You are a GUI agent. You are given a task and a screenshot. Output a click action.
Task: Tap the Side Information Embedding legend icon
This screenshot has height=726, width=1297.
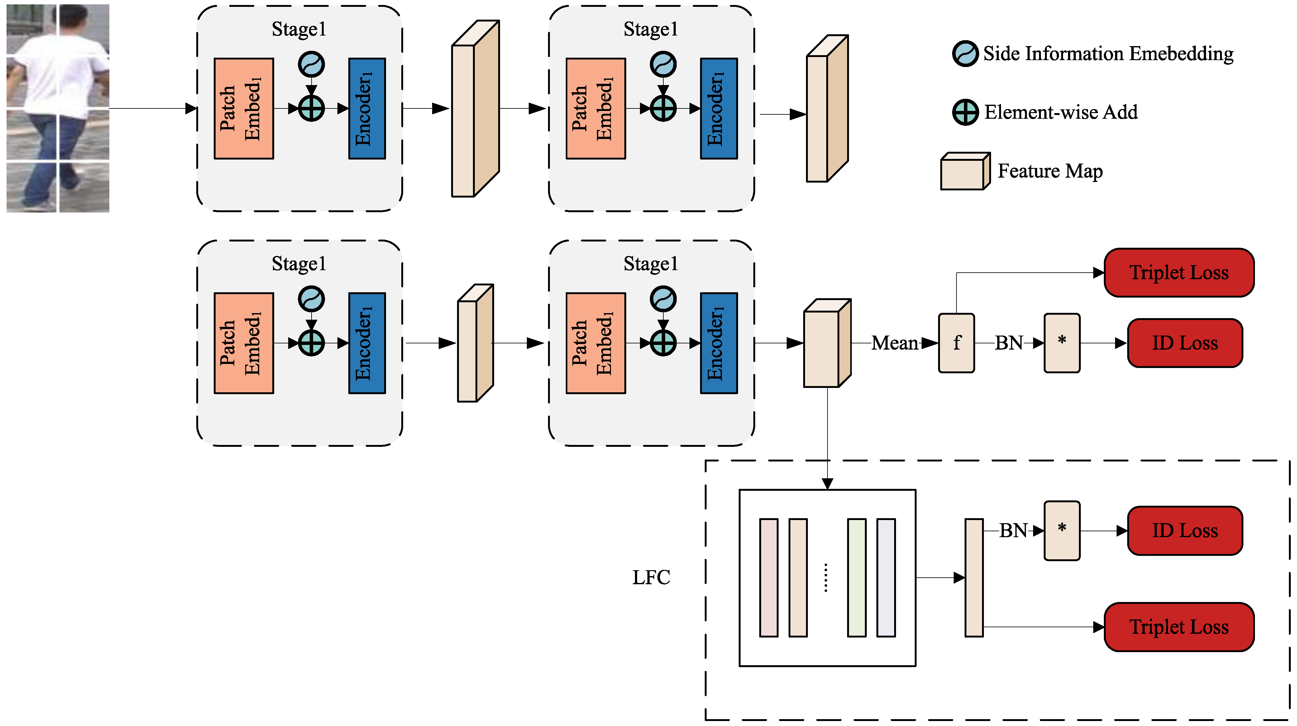pos(965,53)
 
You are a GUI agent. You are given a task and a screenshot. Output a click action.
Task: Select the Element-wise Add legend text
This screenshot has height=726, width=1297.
pos(1061,112)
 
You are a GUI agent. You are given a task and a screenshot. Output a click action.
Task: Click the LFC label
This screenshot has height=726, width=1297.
pos(651,577)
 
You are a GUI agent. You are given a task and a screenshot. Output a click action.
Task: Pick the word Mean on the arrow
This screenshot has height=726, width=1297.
pos(895,343)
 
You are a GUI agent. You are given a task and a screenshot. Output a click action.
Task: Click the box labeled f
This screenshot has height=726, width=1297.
pos(956,343)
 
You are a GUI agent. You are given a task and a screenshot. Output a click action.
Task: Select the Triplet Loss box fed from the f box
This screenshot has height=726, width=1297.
pos(1179,272)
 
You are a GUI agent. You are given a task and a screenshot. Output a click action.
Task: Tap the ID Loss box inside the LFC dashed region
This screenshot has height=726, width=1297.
pos(1185,531)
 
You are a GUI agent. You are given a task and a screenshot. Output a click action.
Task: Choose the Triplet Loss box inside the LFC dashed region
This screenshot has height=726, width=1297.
pos(1179,627)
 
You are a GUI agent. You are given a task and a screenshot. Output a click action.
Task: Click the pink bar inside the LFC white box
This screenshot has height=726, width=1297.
pos(768,577)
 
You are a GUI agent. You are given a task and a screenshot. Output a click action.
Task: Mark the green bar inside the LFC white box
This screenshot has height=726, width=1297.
pos(856,577)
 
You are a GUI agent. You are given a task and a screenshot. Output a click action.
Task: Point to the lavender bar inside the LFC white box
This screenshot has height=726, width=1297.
pos(886,577)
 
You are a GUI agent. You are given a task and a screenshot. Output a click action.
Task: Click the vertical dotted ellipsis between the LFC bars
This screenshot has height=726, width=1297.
pos(826,577)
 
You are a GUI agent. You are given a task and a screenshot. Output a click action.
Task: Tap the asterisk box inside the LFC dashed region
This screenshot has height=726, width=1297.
pos(1062,531)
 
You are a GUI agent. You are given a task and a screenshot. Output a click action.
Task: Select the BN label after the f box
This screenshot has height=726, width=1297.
pos(1009,343)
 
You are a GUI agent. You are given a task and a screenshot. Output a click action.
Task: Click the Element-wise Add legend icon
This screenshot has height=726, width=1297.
pos(965,112)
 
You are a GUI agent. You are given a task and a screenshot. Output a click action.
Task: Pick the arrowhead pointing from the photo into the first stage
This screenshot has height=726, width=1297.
pos(191,108)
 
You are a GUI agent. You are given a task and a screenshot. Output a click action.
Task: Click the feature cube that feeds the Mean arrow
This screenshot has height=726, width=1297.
pos(827,343)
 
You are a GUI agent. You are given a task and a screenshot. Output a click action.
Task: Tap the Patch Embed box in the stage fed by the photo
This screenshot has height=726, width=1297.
pos(244,108)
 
